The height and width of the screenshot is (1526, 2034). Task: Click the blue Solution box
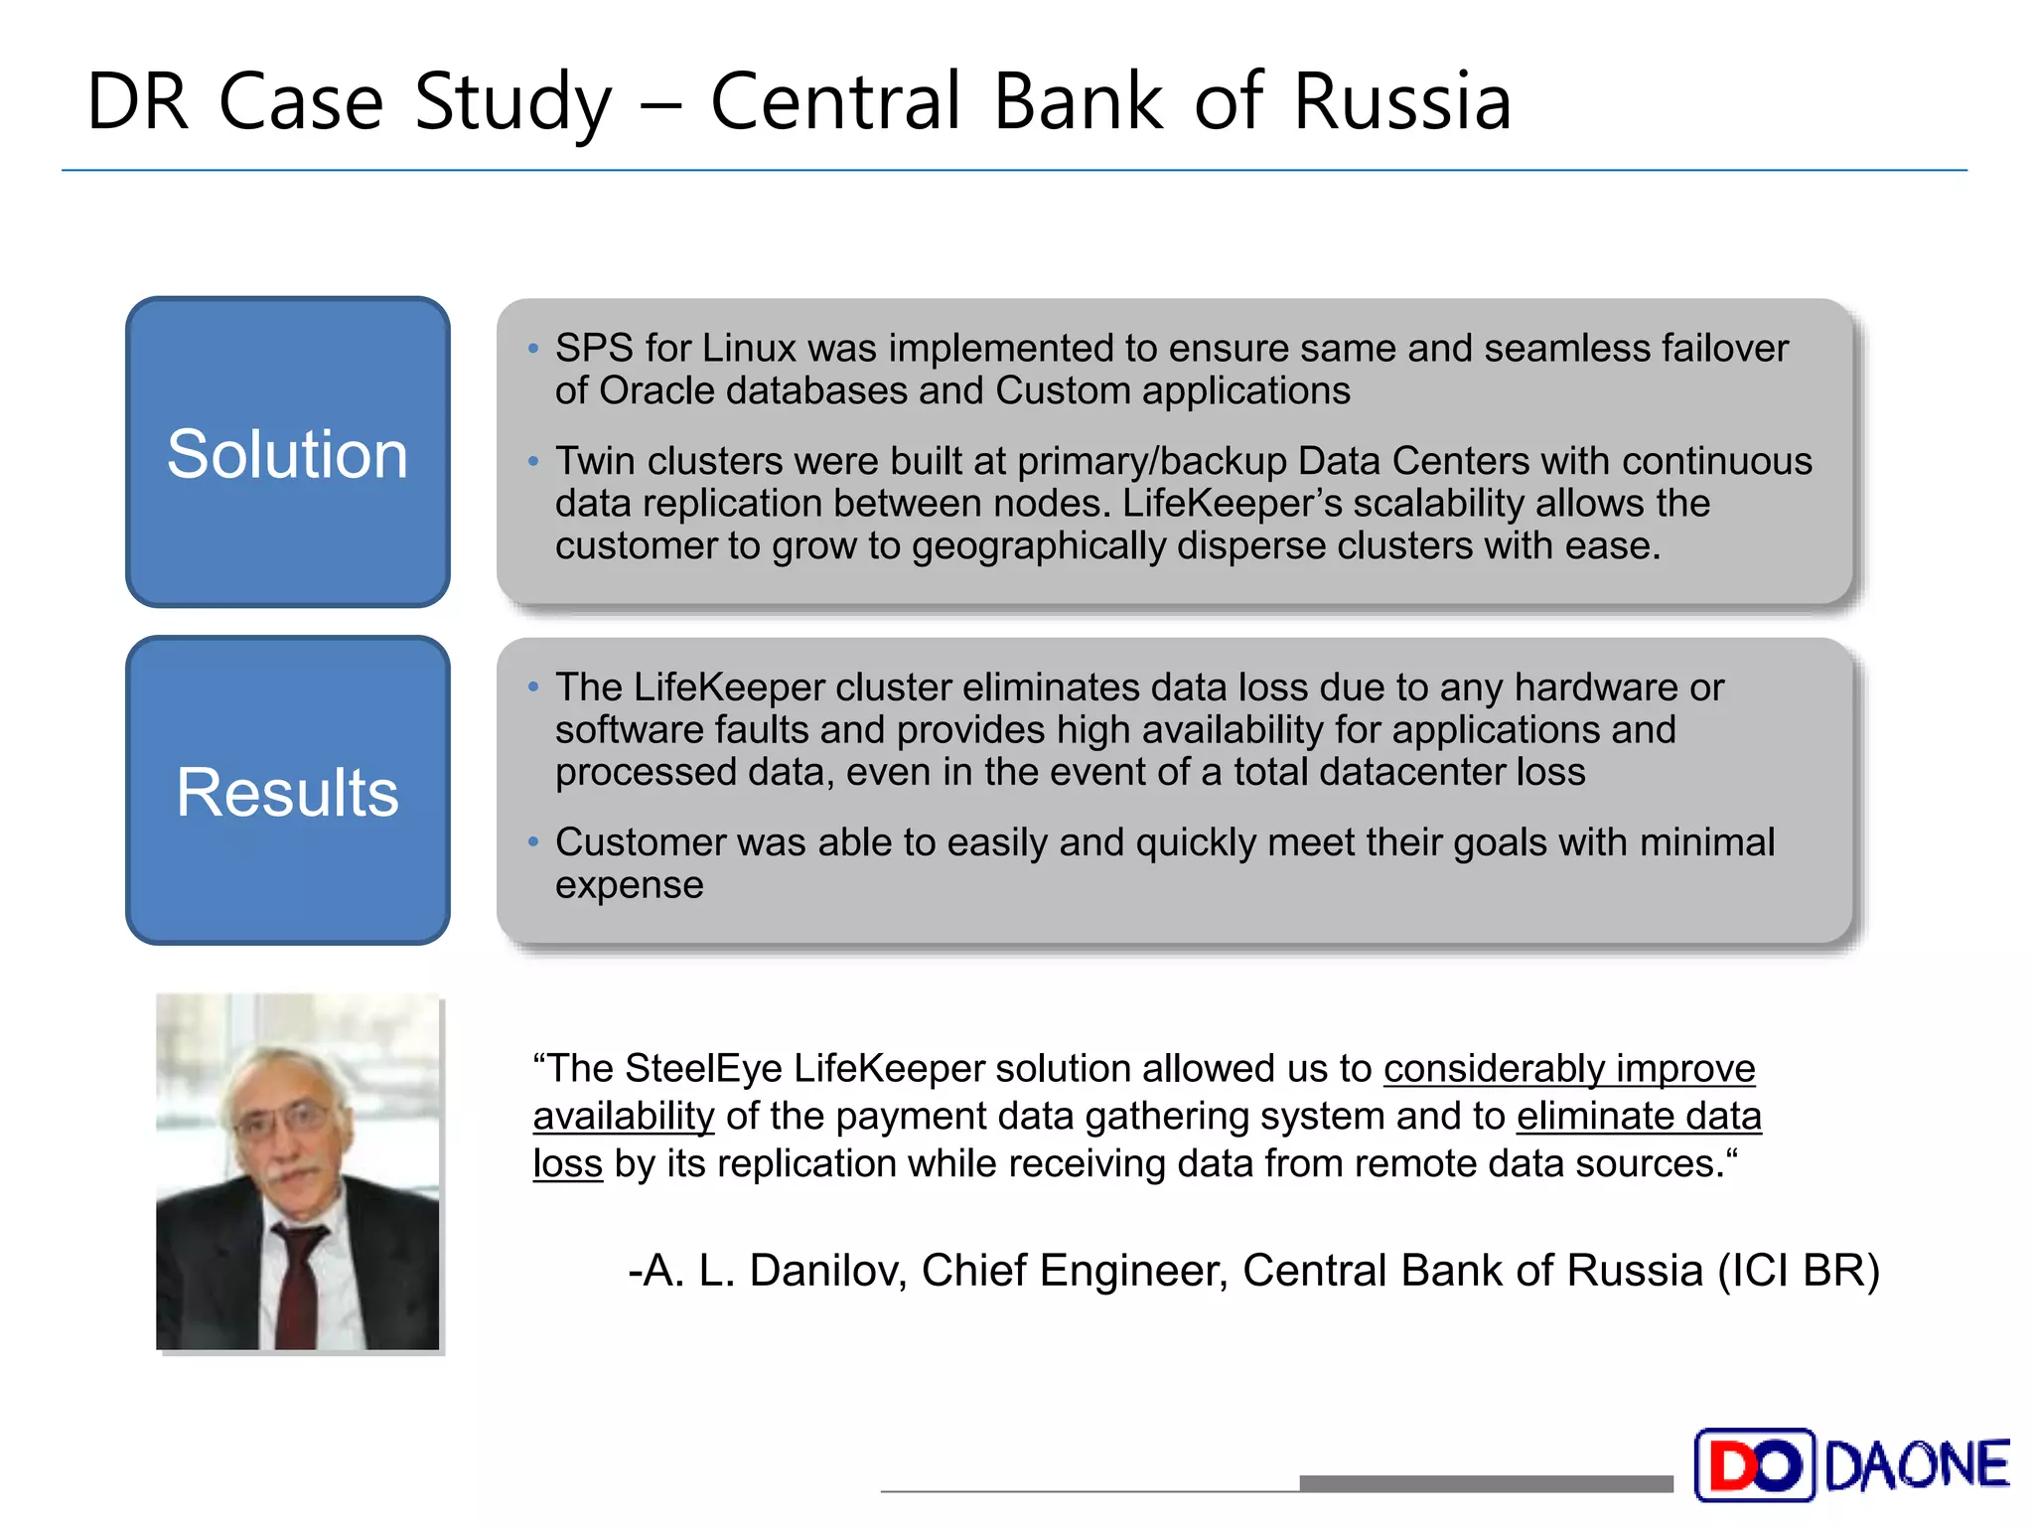287,452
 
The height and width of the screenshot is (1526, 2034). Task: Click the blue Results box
287,791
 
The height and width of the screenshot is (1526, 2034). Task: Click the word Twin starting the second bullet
594,461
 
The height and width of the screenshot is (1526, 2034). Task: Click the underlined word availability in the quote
624,1117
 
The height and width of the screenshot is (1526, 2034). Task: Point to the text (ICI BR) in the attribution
1799,1271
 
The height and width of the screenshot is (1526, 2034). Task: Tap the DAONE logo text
1917,1465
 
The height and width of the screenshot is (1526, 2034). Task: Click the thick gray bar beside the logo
1486,1483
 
